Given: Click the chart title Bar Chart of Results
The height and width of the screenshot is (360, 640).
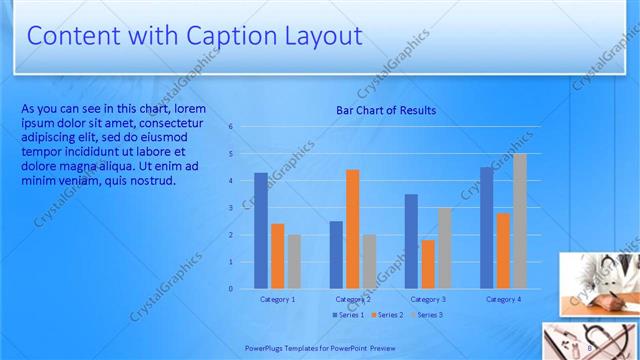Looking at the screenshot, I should [386, 110].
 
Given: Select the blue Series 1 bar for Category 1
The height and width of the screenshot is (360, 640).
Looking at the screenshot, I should [261, 231].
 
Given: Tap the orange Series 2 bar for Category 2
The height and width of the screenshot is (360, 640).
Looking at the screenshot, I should [352, 229].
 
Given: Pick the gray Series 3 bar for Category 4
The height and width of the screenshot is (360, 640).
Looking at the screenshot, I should [519, 221].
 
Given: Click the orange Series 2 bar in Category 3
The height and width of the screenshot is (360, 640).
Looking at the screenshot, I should [428, 264].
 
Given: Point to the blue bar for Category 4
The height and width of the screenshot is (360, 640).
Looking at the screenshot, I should [486, 228].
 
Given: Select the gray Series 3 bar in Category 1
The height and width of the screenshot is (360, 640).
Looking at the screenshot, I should [294, 261].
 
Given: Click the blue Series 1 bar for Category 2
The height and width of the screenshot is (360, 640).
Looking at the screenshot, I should [336, 255].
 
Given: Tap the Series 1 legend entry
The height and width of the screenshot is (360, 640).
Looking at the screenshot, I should [347, 315].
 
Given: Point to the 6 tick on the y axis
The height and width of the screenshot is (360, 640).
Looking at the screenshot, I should [230, 127].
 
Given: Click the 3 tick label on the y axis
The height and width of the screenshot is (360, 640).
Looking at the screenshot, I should [230, 208].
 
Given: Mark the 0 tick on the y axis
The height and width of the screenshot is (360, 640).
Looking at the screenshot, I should [230, 289].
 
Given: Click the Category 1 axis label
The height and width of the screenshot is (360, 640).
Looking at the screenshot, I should [277, 299].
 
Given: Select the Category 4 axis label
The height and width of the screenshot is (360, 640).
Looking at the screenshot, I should [503, 299].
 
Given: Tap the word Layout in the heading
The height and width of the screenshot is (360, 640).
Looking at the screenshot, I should [319, 37].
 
